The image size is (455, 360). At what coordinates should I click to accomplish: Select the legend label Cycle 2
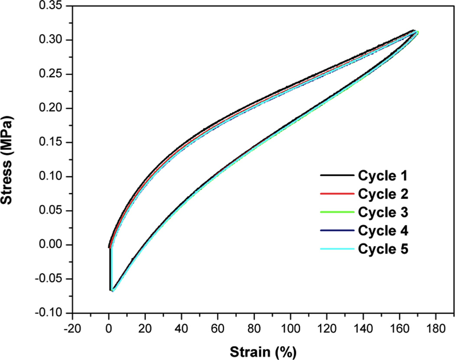click(383, 194)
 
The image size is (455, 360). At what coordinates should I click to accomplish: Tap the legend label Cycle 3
click(383, 212)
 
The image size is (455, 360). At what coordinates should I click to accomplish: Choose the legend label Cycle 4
click(383, 231)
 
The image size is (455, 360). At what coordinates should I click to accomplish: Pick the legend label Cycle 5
click(383, 250)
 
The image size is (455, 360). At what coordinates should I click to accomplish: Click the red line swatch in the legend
click(337, 194)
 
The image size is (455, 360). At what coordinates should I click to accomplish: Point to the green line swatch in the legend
click(337, 213)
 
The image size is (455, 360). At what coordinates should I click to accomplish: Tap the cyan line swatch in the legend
click(337, 250)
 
